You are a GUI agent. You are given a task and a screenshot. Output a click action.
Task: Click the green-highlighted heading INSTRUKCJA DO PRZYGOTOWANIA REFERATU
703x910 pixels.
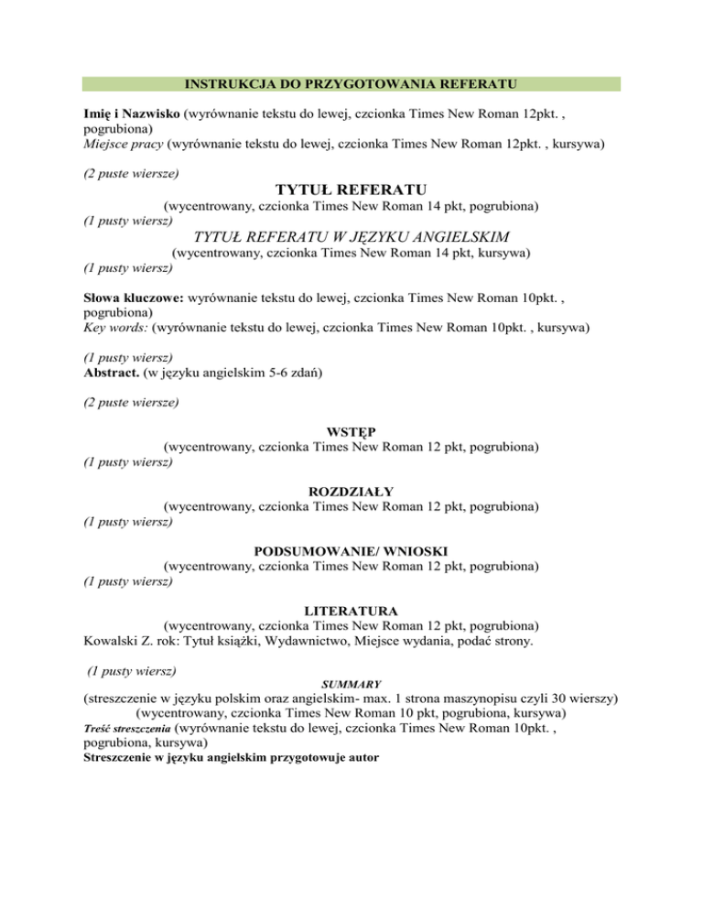351,84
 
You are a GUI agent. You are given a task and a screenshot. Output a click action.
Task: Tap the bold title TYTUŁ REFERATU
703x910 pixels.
351,190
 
